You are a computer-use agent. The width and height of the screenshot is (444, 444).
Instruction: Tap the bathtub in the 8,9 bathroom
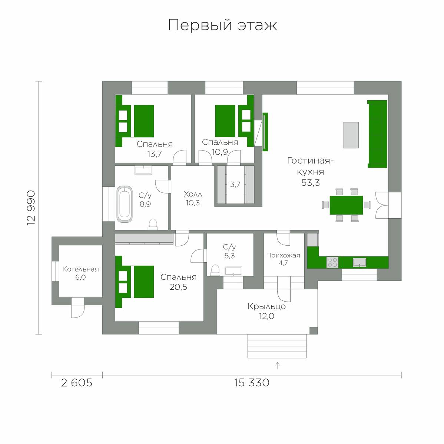pos(125,204)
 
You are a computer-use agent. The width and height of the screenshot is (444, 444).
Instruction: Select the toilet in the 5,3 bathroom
pos(215,270)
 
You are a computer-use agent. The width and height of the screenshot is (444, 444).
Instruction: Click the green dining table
pos(346,205)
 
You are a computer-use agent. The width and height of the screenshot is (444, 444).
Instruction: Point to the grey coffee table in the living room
pos(351,135)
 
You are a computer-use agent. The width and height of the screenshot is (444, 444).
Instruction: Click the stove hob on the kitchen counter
pos(332,262)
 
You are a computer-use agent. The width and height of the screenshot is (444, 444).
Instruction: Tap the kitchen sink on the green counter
pos(359,262)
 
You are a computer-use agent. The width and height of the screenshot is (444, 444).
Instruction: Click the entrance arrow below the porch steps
pos(278,366)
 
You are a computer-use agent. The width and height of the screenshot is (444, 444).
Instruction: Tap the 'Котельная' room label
pos(80,269)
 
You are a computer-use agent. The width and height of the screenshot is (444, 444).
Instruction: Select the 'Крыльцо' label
pos(267,306)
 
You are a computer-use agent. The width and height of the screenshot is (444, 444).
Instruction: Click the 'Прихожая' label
pos(283,255)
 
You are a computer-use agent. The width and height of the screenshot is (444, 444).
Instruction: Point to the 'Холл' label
pos(193,194)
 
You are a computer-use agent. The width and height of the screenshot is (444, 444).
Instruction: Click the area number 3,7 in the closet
pos(235,184)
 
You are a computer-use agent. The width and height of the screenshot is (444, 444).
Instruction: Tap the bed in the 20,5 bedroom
pos(135,282)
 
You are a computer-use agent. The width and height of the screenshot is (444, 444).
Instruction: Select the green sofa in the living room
pos(377,134)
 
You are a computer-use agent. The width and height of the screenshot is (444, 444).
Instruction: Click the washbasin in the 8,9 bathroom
pos(143,170)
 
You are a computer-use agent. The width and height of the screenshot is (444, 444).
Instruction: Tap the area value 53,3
pos(310,183)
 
